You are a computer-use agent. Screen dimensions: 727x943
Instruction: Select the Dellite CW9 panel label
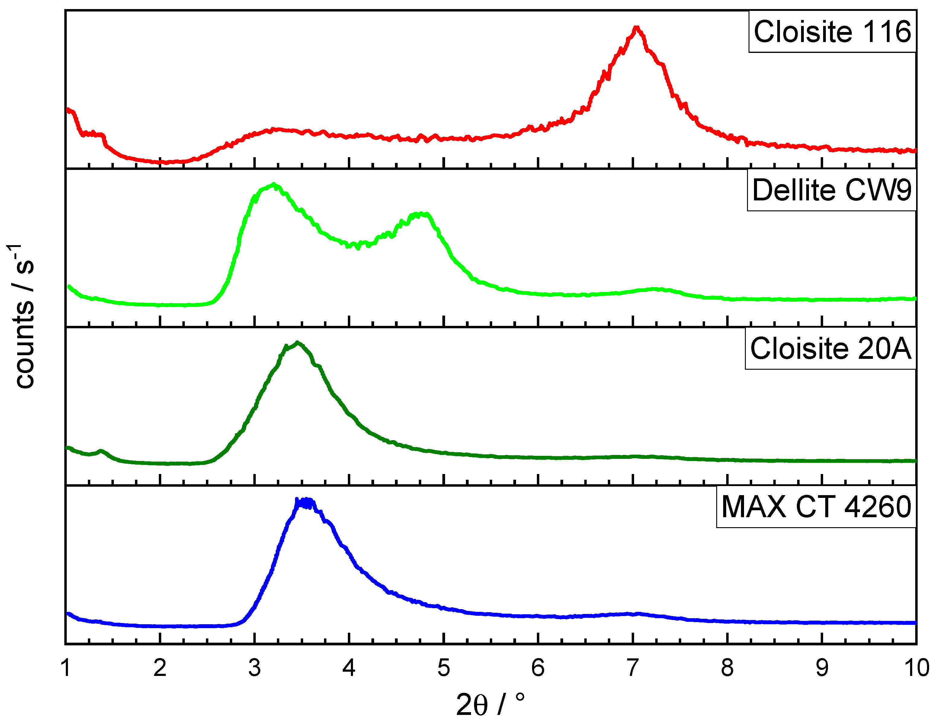[x=832, y=190]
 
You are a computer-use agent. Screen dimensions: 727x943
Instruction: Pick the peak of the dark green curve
[x=297, y=343]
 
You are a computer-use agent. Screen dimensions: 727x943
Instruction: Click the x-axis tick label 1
[x=66, y=668]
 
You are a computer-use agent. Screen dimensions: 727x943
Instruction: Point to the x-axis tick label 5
[x=444, y=668]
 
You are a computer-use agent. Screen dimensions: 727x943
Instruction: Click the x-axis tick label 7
[x=633, y=668]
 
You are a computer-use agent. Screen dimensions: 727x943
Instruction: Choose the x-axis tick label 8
[x=727, y=668]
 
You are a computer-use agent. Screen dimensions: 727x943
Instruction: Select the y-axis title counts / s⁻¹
[x=24, y=316]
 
